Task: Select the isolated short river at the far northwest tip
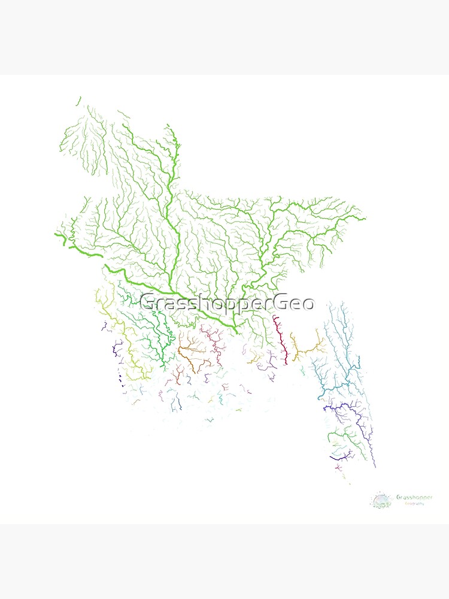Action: [x=78, y=101]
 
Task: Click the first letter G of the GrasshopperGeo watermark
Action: [x=147, y=303]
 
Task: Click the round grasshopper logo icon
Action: [x=381, y=500]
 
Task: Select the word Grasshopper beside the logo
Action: [x=414, y=497]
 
